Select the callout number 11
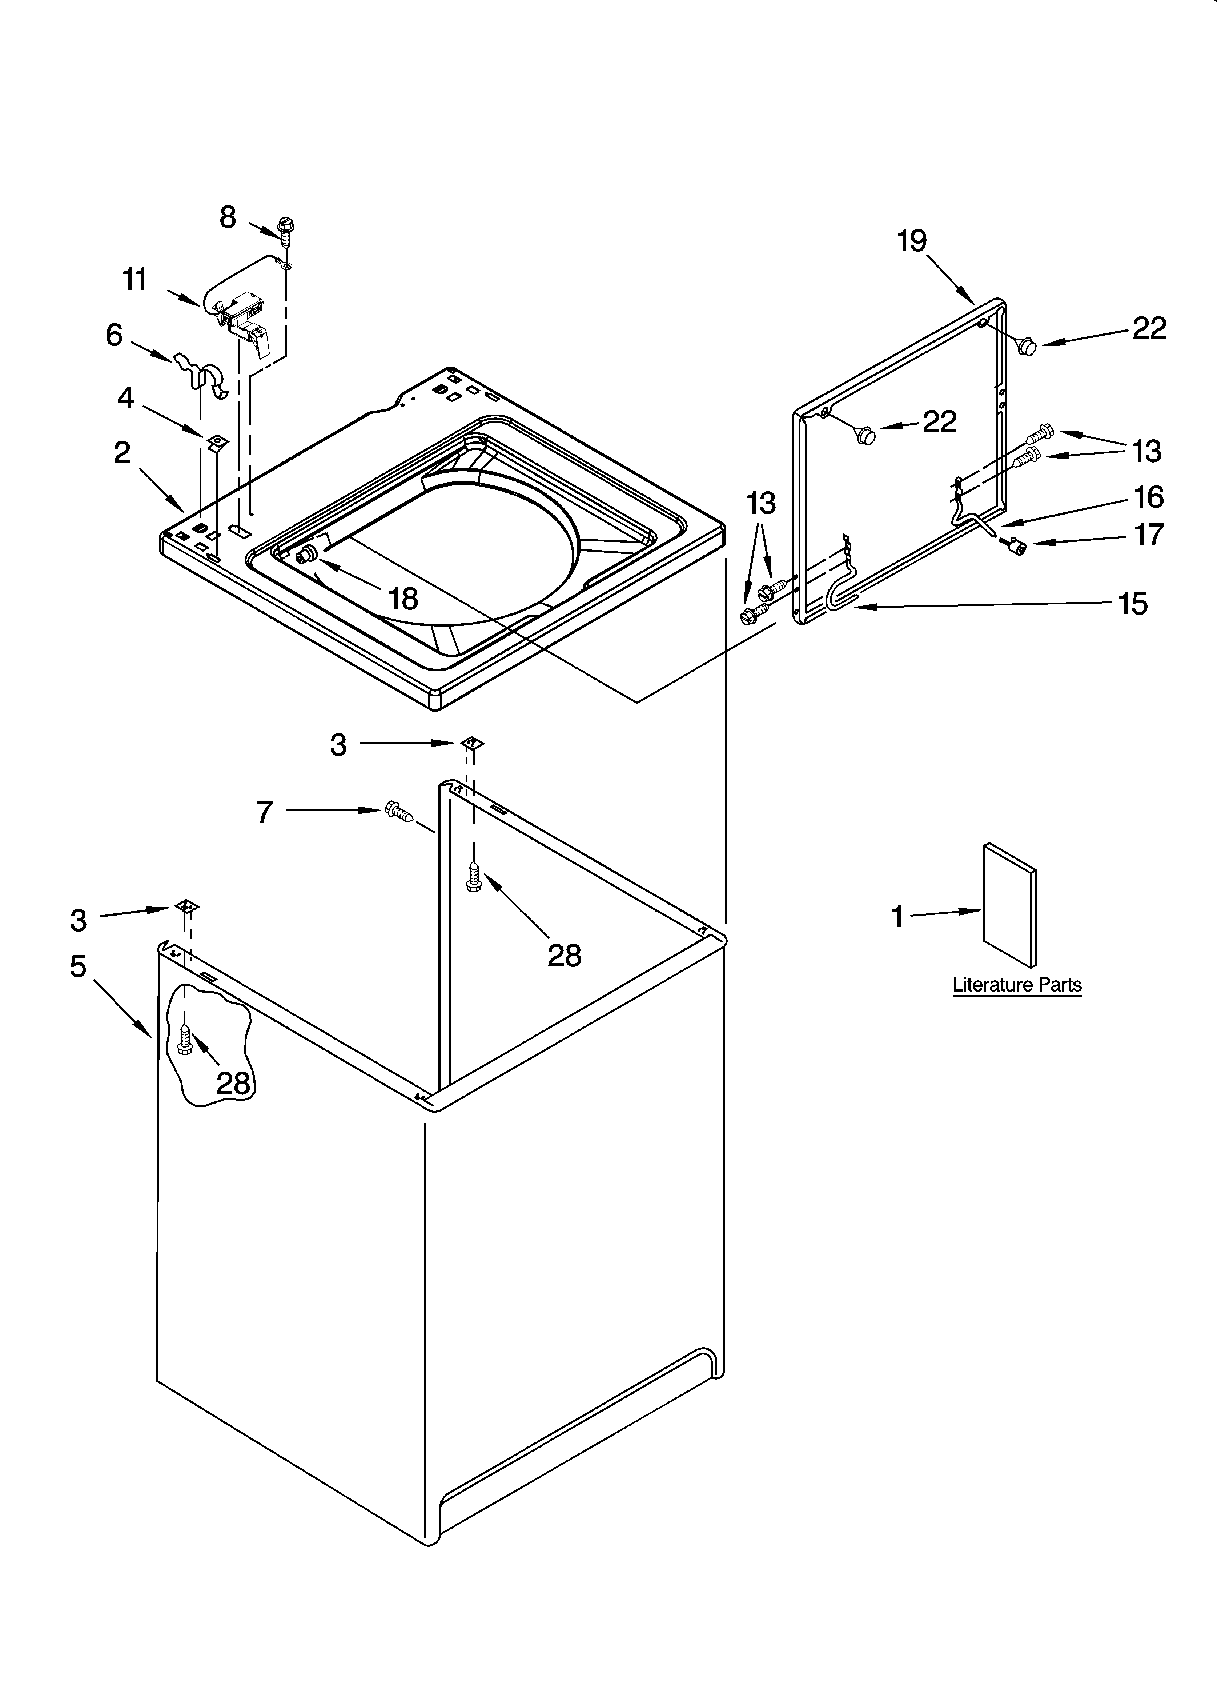(x=135, y=280)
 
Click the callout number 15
(x=1133, y=604)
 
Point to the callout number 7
(x=265, y=812)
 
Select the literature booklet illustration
(x=1009, y=904)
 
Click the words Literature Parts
(x=1017, y=985)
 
